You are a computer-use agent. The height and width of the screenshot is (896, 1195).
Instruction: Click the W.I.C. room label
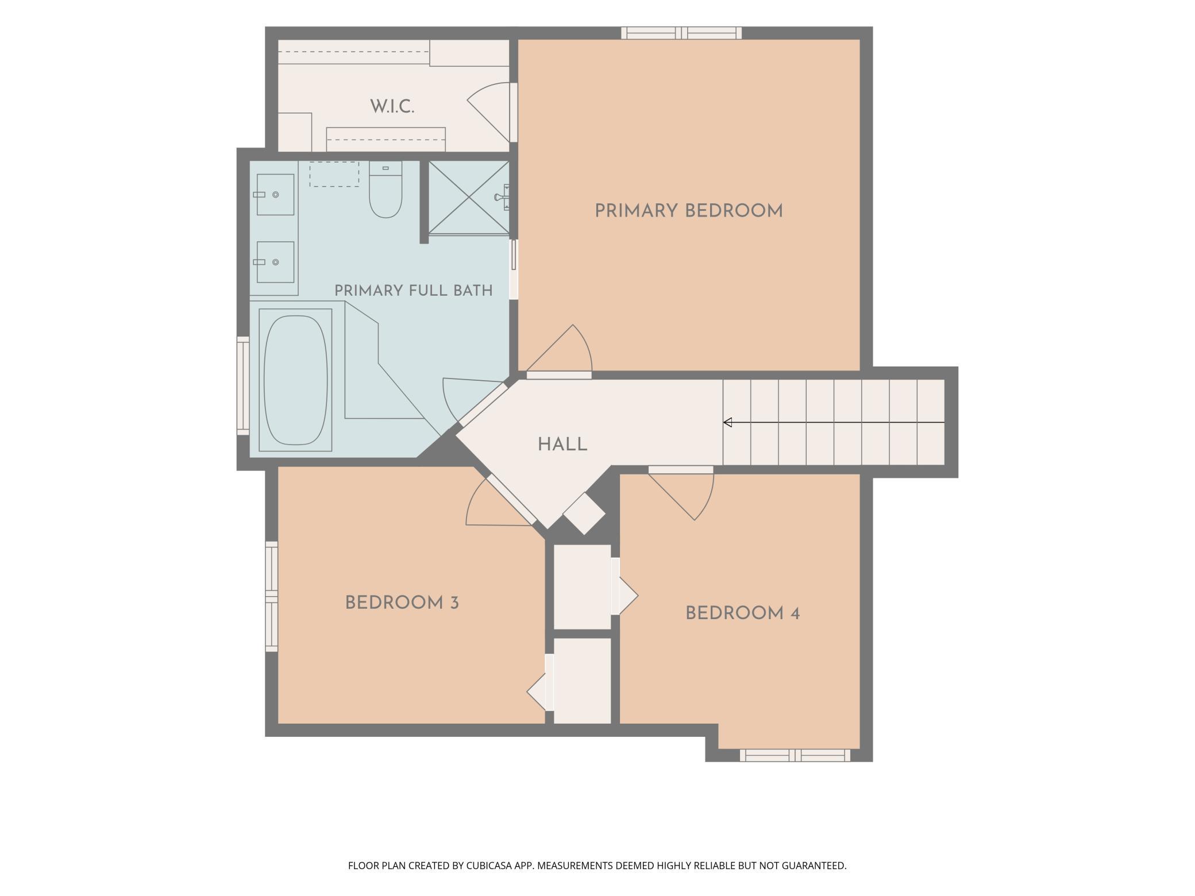click(x=392, y=106)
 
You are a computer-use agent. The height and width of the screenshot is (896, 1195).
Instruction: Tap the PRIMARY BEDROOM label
click(x=688, y=211)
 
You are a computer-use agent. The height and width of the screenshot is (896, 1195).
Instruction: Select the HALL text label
click(x=562, y=445)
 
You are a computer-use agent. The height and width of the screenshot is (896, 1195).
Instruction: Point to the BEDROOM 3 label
click(x=402, y=603)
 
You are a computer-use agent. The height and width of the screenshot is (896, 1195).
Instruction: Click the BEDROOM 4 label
click(x=742, y=613)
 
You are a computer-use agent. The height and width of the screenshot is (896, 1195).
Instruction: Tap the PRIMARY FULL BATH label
click(x=414, y=291)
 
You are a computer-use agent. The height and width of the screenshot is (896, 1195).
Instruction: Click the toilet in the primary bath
click(x=385, y=190)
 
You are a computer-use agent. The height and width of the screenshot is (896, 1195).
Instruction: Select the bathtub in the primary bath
click(x=295, y=380)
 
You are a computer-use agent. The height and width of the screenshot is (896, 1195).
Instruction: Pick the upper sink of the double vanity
click(x=275, y=195)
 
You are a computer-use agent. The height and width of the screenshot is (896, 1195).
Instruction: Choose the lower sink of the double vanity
click(x=275, y=262)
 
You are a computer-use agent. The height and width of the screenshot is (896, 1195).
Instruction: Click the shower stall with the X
click(x=469, y=198)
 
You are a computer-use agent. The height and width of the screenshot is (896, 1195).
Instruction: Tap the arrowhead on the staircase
click(x=727, y=423)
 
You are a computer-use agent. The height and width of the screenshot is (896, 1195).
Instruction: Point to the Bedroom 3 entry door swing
click(x=499, y=502)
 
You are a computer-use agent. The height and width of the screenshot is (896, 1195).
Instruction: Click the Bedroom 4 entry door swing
click(x=681, y=494)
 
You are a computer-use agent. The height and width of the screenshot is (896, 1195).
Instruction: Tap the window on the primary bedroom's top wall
click(x=681, y=33)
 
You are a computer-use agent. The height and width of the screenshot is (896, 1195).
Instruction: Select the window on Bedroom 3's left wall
click(x=271, y=596)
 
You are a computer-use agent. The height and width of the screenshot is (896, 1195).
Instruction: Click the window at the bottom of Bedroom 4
click(x=795, y=755)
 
